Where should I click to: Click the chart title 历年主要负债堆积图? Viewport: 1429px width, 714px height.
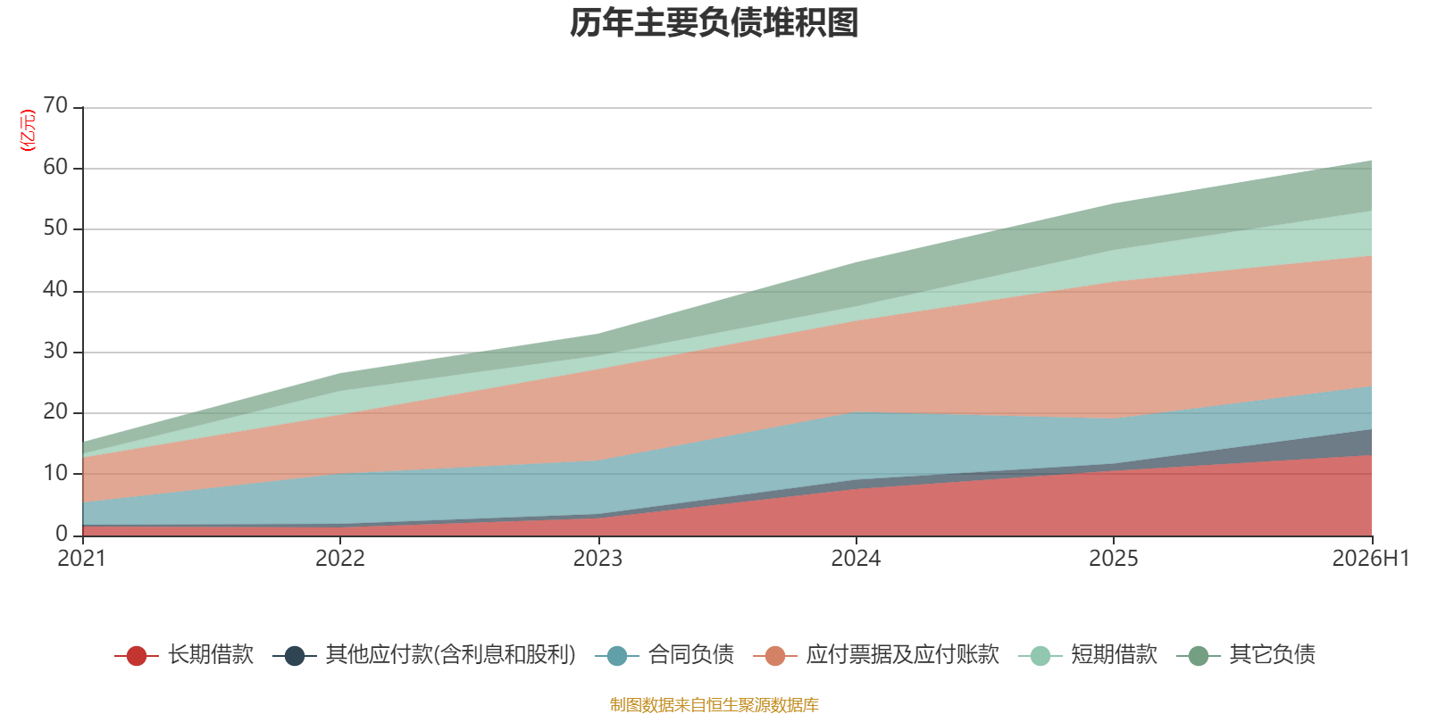coord(714,23)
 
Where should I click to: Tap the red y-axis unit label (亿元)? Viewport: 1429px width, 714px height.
coord(28,130)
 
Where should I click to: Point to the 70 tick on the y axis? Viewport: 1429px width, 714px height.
coord(55,105)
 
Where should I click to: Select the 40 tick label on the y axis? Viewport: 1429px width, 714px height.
coord(55,289)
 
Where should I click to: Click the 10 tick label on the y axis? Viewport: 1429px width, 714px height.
coord(55,473)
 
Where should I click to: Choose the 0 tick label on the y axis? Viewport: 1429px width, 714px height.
coord(62,533)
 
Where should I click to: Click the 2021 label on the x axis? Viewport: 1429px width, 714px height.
coord(81,559)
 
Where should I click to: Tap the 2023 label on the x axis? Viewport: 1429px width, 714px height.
coord(598,559)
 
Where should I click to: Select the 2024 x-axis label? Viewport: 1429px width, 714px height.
coord(856,559)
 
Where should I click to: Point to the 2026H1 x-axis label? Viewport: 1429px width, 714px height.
coord(1371,559)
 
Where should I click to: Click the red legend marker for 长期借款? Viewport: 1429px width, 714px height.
coord(137,655)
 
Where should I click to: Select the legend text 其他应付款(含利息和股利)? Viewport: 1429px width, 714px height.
coord(451,655)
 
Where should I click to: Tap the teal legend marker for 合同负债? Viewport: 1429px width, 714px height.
coord(617,655)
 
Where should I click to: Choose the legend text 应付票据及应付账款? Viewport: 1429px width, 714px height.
coord(903,655)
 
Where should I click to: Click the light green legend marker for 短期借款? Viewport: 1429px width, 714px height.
coord(1040,655)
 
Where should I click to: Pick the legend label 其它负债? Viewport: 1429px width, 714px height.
coord(1273,655)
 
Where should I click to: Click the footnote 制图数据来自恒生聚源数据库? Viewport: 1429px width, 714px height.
coord(714,704)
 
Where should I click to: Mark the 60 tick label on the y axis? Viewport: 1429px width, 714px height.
coord(55,167)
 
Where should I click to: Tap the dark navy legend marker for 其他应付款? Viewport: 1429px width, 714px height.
coord(294,655)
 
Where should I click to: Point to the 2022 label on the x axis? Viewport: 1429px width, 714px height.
coord(340,559)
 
